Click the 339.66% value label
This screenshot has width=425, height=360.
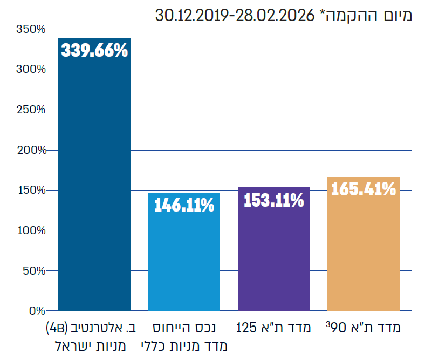(94, 51)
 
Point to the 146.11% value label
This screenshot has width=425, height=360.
(184, 205)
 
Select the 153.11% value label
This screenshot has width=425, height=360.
(274, 200)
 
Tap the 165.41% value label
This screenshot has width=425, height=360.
(364, 189)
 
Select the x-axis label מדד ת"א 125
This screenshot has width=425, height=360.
(274, 328)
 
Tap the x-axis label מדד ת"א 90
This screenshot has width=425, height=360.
(364, 328)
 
